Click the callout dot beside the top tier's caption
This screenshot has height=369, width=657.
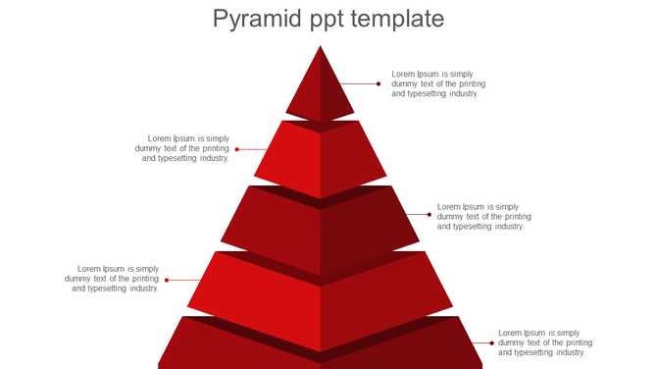(x=379, y=84)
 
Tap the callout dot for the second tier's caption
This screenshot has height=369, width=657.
(x=237, y=149)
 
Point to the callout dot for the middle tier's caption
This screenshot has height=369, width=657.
(x=430, y=214)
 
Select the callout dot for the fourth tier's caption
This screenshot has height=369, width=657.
(x=167, y=280)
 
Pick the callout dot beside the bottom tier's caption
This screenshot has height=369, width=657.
(x=492, y=343)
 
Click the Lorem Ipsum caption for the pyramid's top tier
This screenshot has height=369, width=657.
(x=438, y=83)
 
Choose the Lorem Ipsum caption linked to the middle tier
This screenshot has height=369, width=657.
(x=483, y=216)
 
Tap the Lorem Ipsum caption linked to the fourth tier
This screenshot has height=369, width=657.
(x=113, y=279)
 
